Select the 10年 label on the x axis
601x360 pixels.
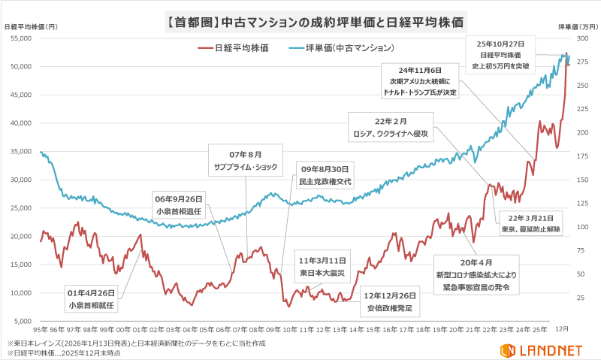pyautogui.click(x=289, y=329)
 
